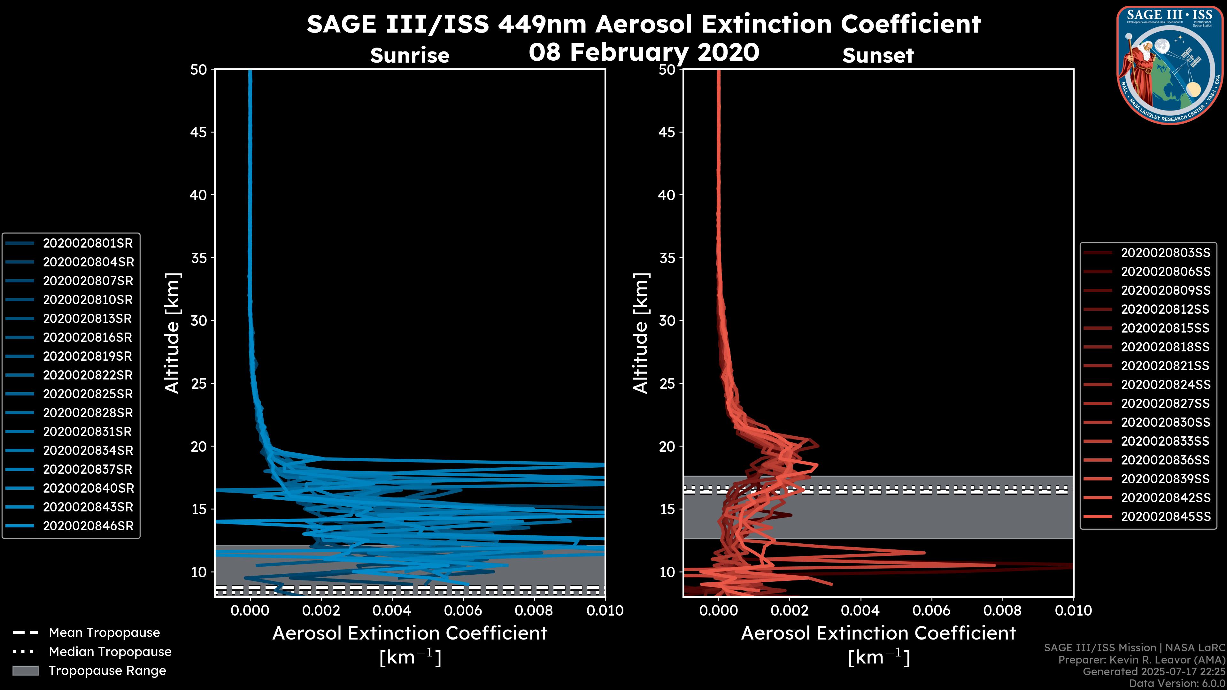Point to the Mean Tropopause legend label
pyautogui.click(x=104, y=633)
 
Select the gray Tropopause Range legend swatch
pyautogui.click(x=25, y=671)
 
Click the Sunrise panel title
pyautogui.click(x=410, y=56)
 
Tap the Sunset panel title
pyautogui.click(x=878, y=56)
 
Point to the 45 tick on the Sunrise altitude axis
pyautogui.click(x=199, y=132)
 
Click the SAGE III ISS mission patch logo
pyautogui.click(x=1170, y=65)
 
